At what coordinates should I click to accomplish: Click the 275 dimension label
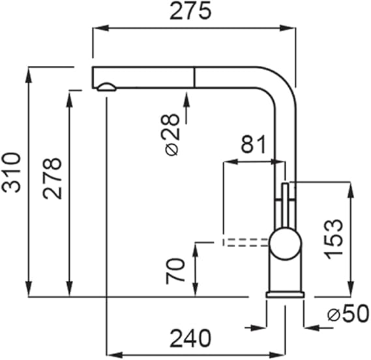[x=190, y=11]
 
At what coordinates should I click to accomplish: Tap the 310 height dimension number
[x=11, y=172]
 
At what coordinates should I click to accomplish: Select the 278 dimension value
[x=52, y=178]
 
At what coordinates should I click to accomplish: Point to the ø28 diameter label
[x=171, y=135]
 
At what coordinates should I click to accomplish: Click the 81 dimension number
[x=254, y=144]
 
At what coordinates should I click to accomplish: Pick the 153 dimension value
[x=333, y=239]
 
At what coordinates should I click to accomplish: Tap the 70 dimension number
[x=175, y=271]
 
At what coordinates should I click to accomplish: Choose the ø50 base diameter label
[x=348, y=314]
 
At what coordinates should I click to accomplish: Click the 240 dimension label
[x=190, y=338]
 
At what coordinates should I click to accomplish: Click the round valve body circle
[x=286, y=244]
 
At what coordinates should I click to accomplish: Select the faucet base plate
[x=285, y=295]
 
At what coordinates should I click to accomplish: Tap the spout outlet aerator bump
[x=107, y=87]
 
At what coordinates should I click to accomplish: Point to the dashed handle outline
[x=246, y=243]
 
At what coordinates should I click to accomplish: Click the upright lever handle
[x=285, y=206]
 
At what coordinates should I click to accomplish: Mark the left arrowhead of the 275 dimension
[x=100, y=28]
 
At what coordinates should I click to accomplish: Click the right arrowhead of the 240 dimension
[x=278, y=355]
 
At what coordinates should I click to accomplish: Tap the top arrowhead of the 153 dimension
[x=350, y=190]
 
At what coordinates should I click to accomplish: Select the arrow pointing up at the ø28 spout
[x=186, y=108]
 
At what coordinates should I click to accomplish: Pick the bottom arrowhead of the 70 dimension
[x=195, y=289]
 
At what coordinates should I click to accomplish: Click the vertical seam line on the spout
[x=194, y=77]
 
